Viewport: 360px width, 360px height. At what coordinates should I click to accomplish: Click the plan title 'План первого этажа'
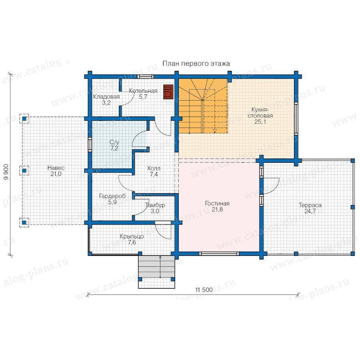click(196, 64)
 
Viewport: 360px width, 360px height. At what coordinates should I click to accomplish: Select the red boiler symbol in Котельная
click(168, 92)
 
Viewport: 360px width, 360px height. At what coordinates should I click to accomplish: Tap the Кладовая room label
click(106, 97)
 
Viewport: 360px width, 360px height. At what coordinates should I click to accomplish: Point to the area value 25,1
click(260, 122)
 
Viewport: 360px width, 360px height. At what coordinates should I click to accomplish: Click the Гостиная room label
click(217, 204)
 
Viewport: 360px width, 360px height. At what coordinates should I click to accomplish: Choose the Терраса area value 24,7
click(310, 211)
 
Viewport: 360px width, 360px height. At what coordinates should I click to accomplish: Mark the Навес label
click(56, 168)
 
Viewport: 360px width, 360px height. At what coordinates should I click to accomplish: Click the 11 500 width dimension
click(204, 290)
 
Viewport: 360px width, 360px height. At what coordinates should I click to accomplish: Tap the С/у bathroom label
click(114, 142)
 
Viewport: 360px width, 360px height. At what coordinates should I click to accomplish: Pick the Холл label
click(154, 168)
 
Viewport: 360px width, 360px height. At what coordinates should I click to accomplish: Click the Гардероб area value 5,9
click(112, 202)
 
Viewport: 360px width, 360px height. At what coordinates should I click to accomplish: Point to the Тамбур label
click(155, 205)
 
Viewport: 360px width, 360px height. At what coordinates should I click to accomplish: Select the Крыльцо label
click(132, 236)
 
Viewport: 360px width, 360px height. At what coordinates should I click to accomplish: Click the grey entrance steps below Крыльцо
click(156, 267)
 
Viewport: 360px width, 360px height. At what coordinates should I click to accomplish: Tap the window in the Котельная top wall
click(146, 77)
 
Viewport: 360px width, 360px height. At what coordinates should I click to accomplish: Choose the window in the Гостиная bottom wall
click(219, 254)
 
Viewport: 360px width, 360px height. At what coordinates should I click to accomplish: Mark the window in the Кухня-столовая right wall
click(296, 118)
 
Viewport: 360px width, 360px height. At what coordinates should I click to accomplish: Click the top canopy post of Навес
click(24, 119)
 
